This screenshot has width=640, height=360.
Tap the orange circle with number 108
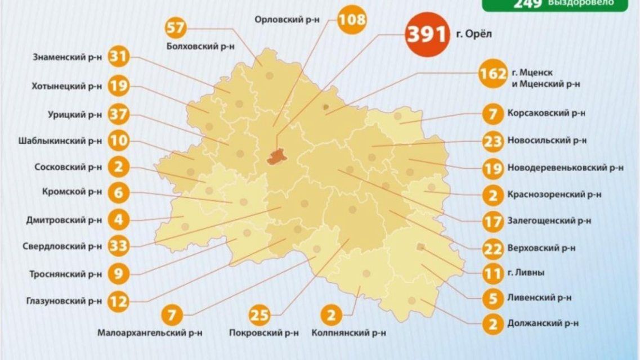351,21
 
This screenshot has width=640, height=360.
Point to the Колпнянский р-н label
348,333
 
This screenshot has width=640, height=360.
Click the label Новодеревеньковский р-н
565,168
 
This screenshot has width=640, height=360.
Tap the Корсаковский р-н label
546,113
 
